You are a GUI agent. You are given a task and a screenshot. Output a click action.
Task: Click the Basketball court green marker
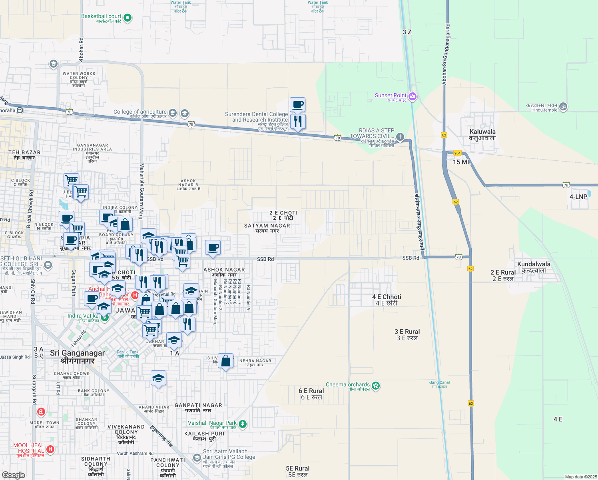coord(128,18)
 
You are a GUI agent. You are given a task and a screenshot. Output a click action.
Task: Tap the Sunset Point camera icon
coord(413,96)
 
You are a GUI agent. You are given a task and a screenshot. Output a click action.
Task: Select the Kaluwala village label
coord(482,135)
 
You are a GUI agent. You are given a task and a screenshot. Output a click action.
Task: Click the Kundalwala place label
coord(534,267)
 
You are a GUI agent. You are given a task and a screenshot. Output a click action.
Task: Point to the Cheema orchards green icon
coord(375,386)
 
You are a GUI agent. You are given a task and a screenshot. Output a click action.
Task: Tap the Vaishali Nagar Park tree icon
coord(243,424)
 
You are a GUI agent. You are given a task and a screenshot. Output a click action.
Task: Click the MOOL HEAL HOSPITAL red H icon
coord(50,449)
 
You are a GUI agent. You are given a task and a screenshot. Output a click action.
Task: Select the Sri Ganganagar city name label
coord(78,356)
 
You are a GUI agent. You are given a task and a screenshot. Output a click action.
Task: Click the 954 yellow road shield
coord(457,153)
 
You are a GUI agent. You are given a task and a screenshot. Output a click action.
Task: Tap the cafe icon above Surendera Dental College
coord(297,105)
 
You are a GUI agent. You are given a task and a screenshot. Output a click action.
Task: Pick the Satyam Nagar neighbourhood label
coord(267,228)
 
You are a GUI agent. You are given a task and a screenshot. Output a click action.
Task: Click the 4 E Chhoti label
coord(387,300)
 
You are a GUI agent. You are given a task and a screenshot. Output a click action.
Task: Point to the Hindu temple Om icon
coord(563,106)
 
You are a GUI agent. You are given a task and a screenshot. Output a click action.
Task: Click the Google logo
coord(14,475)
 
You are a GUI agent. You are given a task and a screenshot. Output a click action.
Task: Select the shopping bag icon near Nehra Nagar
coord(226,361)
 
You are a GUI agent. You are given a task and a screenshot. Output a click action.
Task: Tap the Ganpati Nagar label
coord(198,408)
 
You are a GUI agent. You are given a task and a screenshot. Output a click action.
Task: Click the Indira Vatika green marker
coord(105,318)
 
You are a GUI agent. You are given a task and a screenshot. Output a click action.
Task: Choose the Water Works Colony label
coord(79,79)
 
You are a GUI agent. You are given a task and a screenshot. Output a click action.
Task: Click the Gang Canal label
coord(440,384)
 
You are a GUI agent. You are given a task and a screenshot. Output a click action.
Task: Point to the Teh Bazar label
coord(24,155)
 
